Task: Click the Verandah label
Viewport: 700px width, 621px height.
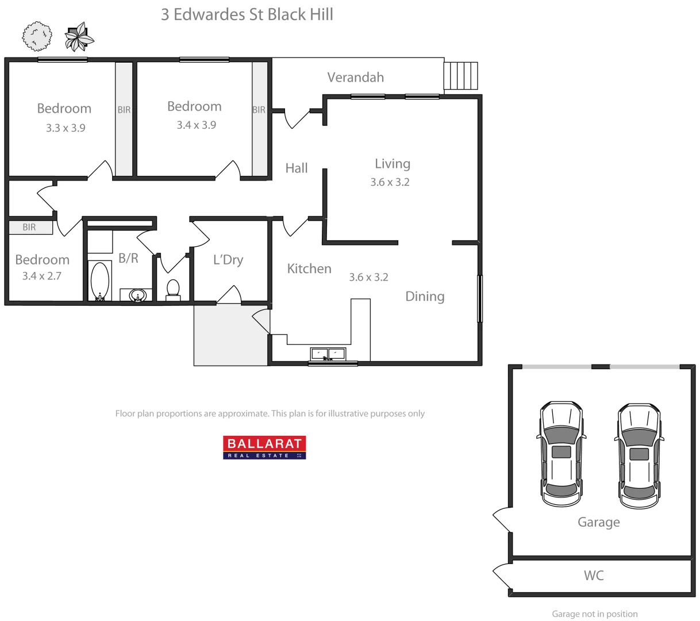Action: [x=355, y=78]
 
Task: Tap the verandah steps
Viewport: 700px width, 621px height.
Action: [x=461, y=75]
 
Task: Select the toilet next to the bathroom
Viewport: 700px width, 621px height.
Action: [x=172, y=289]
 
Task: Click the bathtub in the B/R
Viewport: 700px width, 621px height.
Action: [x=100, y=281]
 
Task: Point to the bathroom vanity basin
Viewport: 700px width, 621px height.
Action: [x=137, y=296]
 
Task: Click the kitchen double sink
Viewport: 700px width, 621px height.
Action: [x=328, y=354]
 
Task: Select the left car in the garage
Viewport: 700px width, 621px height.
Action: [x=561, y=453]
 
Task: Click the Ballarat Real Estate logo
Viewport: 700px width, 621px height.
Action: [x=264, y=447]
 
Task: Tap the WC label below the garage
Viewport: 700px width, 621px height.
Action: [x=594, y=576]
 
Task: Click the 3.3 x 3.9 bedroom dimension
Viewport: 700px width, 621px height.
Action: [x=66, y=128]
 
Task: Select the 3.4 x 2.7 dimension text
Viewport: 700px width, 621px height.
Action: [x=41, y=276]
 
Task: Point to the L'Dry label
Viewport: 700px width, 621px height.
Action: [x=228, y=260]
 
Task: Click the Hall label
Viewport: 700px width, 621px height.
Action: [x=297, y=168]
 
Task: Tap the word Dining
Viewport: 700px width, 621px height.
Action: [x=425, y=297]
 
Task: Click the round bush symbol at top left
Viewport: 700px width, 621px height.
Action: [x=37, y=36]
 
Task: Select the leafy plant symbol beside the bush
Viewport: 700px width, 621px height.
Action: [x=79, y=37]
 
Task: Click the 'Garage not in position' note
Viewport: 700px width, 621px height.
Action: [x=594, y=614]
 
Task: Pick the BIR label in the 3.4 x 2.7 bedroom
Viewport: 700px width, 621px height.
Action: [x=29, y=227]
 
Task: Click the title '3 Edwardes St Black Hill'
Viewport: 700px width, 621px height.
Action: [x=247, y=14]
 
